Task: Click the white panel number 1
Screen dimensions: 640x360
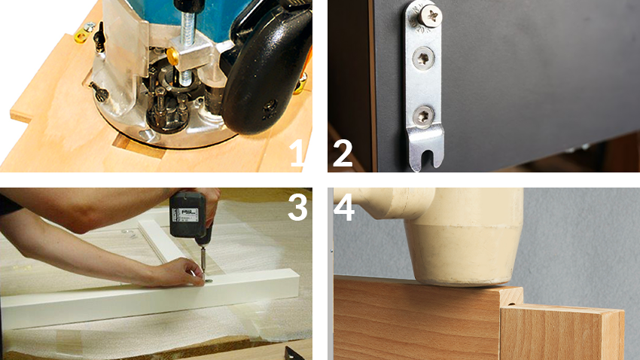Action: [x=297, y=153]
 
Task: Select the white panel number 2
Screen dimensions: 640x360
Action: [x=343, y=153]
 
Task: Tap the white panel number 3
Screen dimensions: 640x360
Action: [x=297, y=207]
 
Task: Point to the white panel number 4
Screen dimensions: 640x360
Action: [x=344, y=207]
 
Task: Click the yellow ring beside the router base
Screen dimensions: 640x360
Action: [x=81, y=37]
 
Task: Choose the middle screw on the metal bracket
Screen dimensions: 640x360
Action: [x=423, y=58]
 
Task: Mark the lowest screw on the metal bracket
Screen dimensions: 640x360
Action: [x=422, y=115]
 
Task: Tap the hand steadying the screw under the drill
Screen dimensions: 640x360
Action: [x=176, y=272]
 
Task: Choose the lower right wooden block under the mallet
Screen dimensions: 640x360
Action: [x=562, y=333]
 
